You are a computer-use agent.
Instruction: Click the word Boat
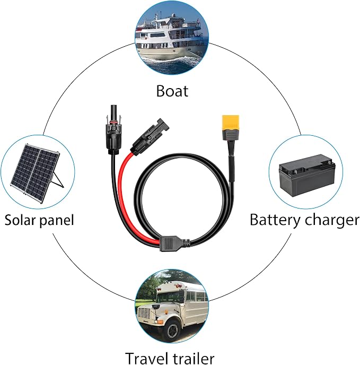[x=172, y=91]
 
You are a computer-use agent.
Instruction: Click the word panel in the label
[x=56, y=221]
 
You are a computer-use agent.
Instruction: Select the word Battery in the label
[x=275, y=220]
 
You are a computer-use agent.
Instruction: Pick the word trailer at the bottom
[x=194, y=359]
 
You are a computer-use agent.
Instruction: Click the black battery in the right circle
[x=307, y=175]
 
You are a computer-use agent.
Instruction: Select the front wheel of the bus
[x=174, y=330]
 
